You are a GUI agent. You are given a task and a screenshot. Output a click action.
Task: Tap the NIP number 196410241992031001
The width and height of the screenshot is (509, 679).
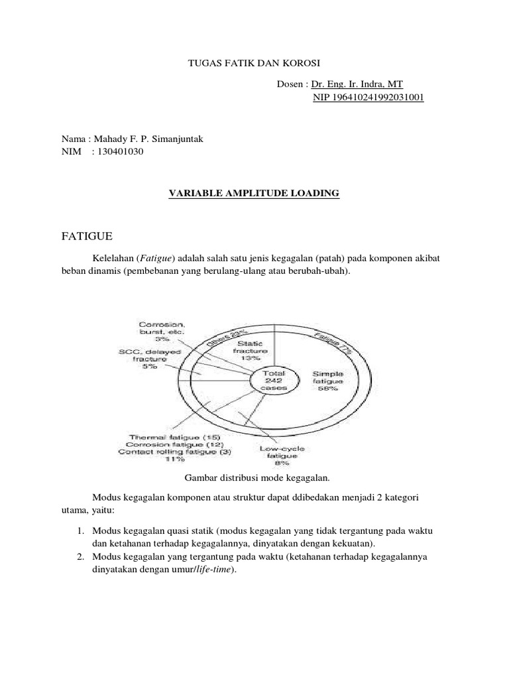[368, 97]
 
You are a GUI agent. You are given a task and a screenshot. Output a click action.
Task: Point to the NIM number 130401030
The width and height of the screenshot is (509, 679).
[117, 152]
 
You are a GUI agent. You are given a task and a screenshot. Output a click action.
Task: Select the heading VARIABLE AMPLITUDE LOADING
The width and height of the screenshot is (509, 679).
[254, 193]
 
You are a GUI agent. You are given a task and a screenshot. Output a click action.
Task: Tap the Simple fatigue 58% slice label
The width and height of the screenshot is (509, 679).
[330, 381]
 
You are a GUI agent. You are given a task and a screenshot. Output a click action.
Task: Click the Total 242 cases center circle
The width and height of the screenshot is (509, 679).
[273, 380]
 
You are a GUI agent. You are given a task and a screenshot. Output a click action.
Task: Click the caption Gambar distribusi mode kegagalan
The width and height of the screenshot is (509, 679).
[255, 477]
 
